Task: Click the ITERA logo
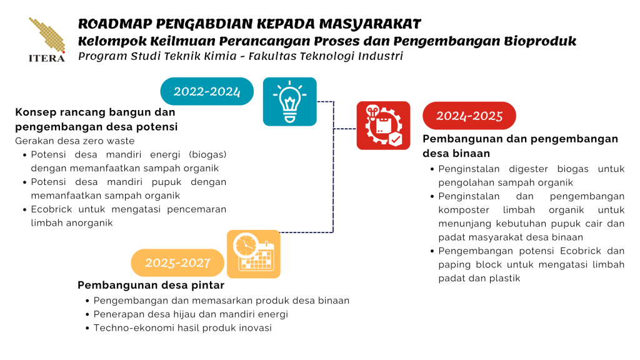point(46,40)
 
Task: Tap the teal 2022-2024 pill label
point(207,91)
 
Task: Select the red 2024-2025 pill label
point(469,116)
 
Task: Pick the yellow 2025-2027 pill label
point(177,263)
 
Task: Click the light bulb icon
point(290,102)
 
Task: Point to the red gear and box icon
point(383,126)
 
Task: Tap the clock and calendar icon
point(254,254)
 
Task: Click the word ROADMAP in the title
point(115,24)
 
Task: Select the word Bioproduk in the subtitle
point(540,41)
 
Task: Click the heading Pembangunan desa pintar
point(151,285)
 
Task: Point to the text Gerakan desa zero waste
point(75,141)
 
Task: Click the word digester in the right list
point(529,169)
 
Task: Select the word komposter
point(464,210)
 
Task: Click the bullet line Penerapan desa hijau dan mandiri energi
point(191,314)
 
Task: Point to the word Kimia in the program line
point(223,56)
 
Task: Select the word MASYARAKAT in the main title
point(370,24)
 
